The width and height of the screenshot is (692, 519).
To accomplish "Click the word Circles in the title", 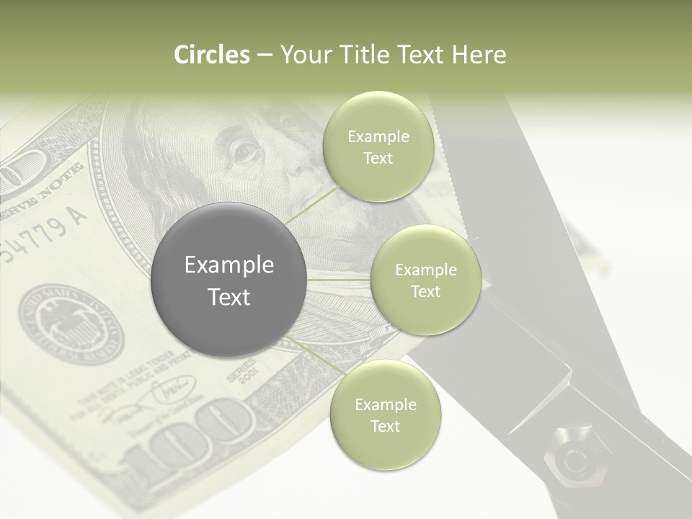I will (x=212, y=55).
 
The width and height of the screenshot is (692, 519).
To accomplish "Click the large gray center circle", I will (x=229, y=280).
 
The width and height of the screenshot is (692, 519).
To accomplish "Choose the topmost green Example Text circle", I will (x=378, y=146).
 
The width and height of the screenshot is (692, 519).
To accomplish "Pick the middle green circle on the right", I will (x=425, y=280).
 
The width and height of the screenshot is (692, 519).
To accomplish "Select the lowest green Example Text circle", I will (x=385, y=414).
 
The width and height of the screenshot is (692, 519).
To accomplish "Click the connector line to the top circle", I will (x=311, y=204).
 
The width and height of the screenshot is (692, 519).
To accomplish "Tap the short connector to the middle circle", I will (x=339, y=280).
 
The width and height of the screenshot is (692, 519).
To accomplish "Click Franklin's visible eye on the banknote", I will (x=244, y=151).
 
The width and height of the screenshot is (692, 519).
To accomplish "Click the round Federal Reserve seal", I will (x=71, y=322).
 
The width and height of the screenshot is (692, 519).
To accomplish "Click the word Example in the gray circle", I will (x=229, y=265).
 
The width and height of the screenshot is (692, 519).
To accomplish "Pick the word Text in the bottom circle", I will (x=385, y=426).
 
